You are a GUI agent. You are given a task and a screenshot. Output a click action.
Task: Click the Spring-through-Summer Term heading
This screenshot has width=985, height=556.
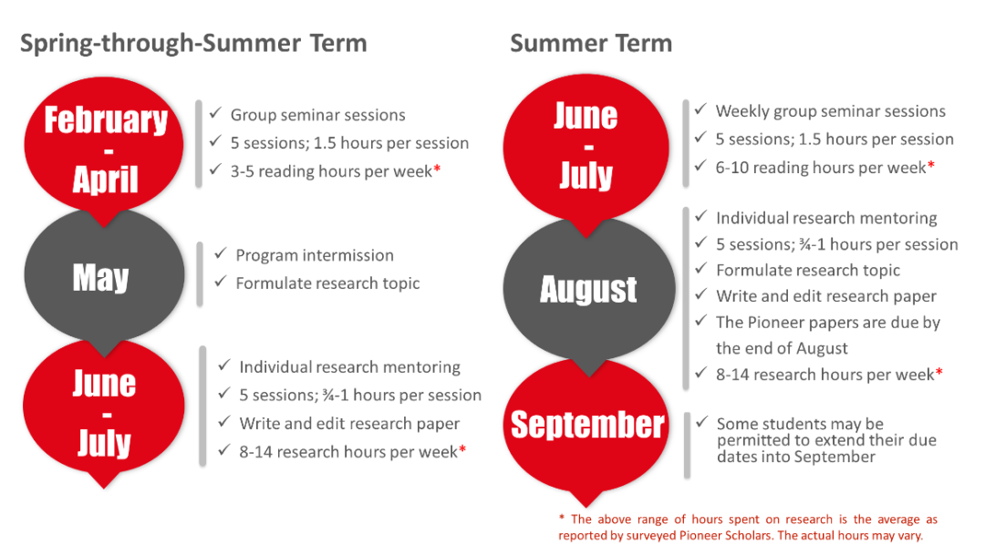(193, 44)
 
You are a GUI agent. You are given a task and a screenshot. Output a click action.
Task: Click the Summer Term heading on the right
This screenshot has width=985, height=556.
(591, 44)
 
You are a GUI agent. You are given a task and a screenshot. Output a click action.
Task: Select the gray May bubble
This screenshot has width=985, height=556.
(104, 277)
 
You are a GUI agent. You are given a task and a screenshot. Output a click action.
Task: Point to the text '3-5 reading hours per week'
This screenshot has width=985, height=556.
(331, 171)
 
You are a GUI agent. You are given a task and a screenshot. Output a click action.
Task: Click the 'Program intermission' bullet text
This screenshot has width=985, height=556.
(315, 255)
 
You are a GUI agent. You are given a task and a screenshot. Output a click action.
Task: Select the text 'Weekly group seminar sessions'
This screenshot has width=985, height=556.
(831, 111)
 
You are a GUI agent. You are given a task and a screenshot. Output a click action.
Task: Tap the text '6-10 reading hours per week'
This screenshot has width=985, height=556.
(821, 168)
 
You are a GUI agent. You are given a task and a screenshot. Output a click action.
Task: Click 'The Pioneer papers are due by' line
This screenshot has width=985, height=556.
(828, 323)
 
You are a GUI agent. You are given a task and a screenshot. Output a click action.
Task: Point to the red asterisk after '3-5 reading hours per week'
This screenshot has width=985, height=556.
(437, 169)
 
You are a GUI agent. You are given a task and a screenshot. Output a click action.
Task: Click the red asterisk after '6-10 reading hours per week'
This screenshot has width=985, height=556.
(931, 164)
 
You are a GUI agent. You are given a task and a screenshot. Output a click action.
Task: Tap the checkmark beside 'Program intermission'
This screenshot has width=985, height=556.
(220, 252)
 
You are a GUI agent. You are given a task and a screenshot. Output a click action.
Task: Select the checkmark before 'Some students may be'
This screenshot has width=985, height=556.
(701, 422)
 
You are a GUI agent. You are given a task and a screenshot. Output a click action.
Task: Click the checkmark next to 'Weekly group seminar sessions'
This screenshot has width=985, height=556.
(700, 108)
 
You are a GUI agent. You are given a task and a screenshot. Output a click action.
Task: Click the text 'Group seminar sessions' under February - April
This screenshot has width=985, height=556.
(318, 115)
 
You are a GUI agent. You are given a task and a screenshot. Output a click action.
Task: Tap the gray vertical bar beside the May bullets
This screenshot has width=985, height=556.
(200, 274)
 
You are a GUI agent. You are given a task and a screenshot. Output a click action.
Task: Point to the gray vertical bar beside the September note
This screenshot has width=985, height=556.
(688, 446)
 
